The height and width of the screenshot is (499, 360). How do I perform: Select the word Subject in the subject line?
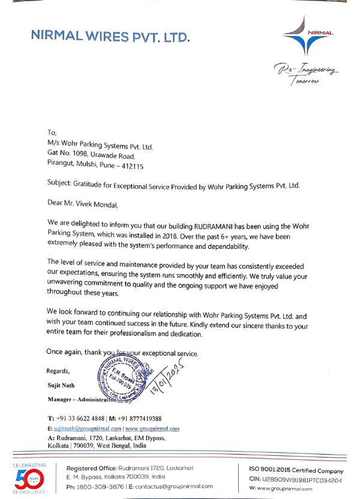pos(60,185)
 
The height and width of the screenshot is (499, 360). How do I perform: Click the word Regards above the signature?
pos(58,371)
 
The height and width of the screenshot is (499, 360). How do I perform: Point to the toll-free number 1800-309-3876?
pos(100,486)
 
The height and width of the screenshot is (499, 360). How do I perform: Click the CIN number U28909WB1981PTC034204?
pos(302,480)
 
